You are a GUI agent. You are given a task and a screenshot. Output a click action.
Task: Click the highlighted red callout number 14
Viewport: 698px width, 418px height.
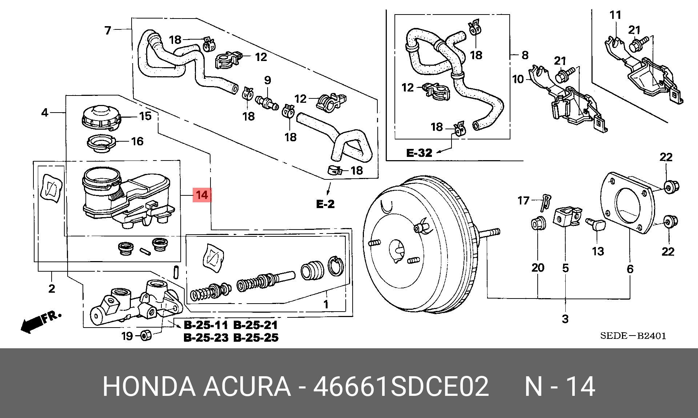202,195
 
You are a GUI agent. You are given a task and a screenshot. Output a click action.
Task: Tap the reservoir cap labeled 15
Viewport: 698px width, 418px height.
101,117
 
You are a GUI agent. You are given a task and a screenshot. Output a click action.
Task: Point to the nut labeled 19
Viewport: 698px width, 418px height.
146,335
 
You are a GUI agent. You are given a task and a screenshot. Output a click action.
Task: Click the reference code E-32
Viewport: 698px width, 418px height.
419,153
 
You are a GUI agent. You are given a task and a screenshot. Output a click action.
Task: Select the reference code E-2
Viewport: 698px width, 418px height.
325,204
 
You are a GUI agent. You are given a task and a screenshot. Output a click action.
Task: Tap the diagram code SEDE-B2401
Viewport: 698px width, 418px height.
633,336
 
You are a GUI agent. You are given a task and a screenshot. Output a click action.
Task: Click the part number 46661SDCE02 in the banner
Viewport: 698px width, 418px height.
401,386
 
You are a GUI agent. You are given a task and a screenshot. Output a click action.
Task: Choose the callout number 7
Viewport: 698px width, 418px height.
108,30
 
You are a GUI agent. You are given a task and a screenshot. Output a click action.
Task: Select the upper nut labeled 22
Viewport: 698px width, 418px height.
670,187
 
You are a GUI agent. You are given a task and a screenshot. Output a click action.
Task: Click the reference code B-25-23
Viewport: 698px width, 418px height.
206,338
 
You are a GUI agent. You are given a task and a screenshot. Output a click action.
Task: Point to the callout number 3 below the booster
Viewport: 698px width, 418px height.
565,319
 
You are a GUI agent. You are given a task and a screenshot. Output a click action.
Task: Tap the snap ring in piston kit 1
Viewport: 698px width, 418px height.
336,266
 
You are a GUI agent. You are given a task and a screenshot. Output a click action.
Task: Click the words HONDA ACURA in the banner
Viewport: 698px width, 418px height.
196,386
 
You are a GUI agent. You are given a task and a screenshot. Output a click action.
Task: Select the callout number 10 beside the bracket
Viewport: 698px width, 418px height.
518,79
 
